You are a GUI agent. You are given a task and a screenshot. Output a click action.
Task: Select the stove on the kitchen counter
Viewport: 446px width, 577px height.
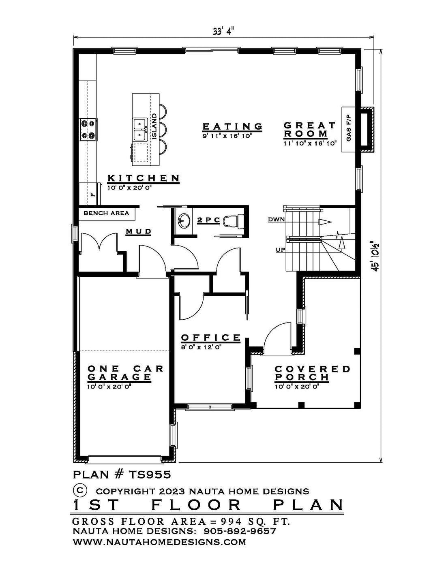[x=88, y=129]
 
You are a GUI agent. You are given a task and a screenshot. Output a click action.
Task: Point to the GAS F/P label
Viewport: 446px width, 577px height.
[x=349, y=129]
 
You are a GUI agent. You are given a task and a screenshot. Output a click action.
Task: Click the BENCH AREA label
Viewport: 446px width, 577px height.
[x=106, y=213]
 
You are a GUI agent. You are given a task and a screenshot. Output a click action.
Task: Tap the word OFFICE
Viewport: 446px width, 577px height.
[x=211, y=338]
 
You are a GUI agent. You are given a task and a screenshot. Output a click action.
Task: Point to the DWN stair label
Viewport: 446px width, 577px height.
[x=276, y=219]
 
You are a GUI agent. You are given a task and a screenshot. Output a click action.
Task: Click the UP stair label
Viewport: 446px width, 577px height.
[x=280, y=250]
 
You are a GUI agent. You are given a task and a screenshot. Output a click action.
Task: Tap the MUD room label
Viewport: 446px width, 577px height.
[x=138, y=231]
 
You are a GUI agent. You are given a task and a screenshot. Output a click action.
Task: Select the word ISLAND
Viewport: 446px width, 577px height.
[x=154, y=126]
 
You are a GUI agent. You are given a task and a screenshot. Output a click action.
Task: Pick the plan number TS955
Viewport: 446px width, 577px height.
[x=150, y=474]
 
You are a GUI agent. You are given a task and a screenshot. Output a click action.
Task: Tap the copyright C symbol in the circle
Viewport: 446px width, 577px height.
[x=80, y=489]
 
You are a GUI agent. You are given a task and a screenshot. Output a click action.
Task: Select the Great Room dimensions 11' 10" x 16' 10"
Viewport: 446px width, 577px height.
[x=310, y=144]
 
